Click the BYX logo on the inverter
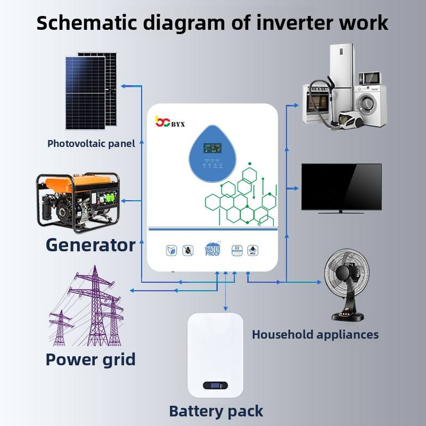pos(169,121)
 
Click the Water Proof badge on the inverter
pos(212,249)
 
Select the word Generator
pos(90,245)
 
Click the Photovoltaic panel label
pos(91,143)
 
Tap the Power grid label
pos(91,359)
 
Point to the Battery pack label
pos(216,411)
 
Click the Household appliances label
pos(315,334)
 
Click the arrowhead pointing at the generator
pos(123,201)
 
